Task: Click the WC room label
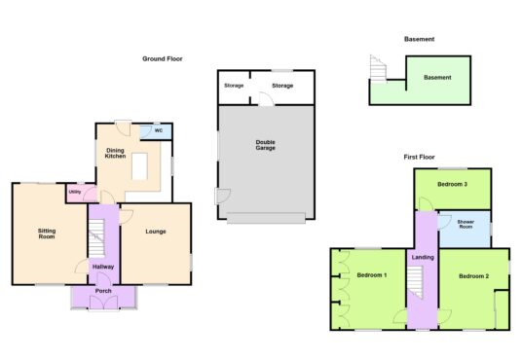(x=159, y=130)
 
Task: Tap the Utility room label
(x=75, y=192)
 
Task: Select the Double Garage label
(x=265, y=145)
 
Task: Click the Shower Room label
(x=466, y=224)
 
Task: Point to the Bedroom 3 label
(x=453, y=184)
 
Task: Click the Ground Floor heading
(x=163, y=59)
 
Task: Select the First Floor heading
(x=419, y=157)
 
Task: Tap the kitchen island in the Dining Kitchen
(x=139, y=166)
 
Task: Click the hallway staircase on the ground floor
(x=96, y=238)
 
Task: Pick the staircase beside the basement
(x=378, y=68)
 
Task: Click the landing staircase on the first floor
(x=415, y=282)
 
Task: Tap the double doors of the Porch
(x=103, y=303)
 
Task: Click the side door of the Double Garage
(x=223, y=197)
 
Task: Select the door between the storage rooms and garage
(x=266, y=99)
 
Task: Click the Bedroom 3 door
(x=426, y=203)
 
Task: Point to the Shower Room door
(x=444, y=222)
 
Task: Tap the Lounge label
(x=156, y=232)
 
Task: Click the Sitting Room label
(x=47, y=234)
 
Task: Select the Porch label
(x=103, y=291)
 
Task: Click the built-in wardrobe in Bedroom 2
(x=502, y=310)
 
